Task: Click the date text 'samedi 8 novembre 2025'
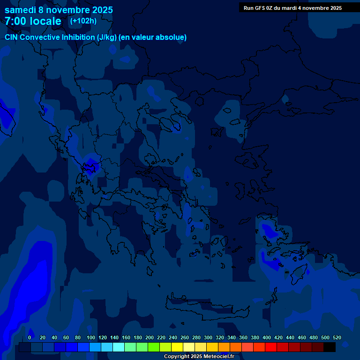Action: [59, 10]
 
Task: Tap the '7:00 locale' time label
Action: [33, 21]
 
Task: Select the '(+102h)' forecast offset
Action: [83, 21]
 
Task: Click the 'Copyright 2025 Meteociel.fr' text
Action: [199, 357]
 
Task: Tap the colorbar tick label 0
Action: [30, 338]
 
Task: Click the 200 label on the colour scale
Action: [150, 338]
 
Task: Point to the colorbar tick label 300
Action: [208, 338]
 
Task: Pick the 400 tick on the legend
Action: [267, 338]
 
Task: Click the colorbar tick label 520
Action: [337, 338]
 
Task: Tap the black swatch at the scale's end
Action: [330, 347]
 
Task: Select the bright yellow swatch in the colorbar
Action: [177, 347]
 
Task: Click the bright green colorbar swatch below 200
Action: [154, 347]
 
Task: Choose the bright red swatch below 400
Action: [271, 347]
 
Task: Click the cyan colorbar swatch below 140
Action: [119, 347]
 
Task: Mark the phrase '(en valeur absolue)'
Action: [153, 37]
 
